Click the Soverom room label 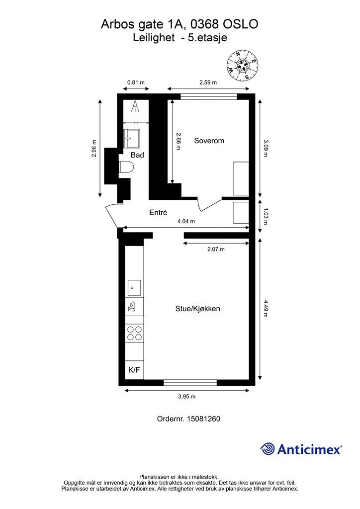pos(209,141)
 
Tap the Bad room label pos(137,155)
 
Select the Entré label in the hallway pos(158,212)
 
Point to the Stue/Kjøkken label pos(198,308)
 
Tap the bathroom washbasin pos(132,138)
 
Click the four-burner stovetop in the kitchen pos(134,334)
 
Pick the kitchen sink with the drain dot pos(134,287)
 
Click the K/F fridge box pos(134,370)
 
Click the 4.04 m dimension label pos(186,221)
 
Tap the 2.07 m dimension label pos(216,250)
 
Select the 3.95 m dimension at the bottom pos(186,396)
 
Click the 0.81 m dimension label pos(136,83)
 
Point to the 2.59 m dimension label pos(208,83)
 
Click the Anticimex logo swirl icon pos(267,449)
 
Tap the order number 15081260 pos(203,419)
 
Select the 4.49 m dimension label pos(266,308)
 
